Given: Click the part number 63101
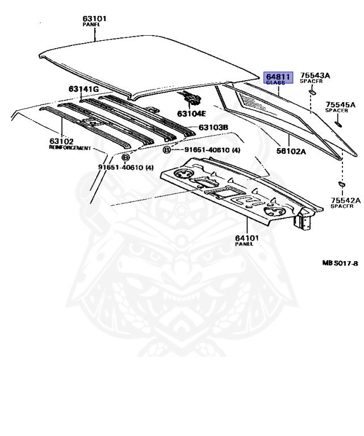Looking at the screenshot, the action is point(95,19).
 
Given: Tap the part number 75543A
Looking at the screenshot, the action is point(315,76).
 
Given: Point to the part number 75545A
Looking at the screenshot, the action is point(340,105).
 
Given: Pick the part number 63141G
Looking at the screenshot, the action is point(84,89).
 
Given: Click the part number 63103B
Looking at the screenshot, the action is point(213,127).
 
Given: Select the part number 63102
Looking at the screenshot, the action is point(61,141).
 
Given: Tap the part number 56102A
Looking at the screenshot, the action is point(291,152).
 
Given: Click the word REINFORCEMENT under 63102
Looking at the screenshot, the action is point(70,148).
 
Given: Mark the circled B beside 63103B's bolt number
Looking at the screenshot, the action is point(166,150).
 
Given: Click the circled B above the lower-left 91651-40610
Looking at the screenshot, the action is point(126,157).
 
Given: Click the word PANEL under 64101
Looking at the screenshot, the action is point(242,244).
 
